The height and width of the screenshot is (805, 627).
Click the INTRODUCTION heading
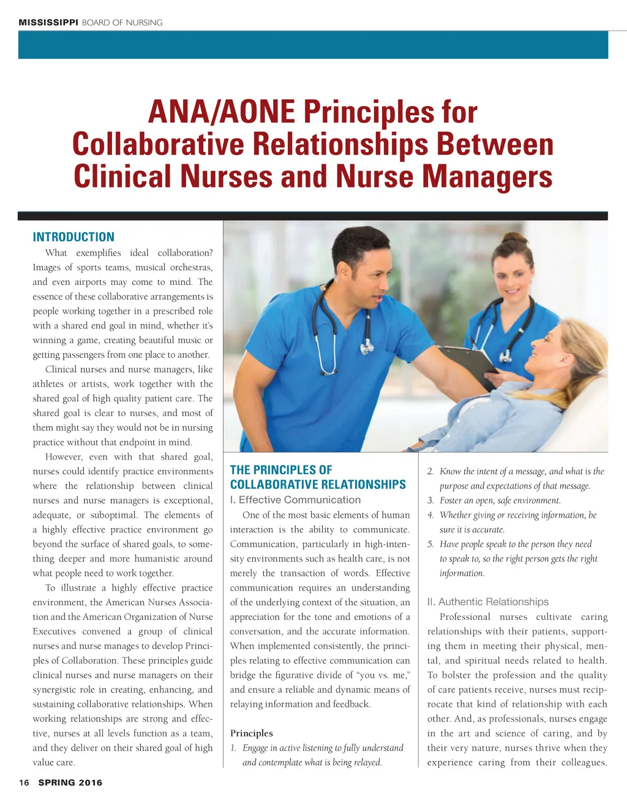click(73, 237)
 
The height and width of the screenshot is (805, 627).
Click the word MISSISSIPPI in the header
click(48, 23)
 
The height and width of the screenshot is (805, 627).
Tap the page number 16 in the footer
click(24, 782)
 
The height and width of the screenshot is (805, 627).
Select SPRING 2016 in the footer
click(70, 782)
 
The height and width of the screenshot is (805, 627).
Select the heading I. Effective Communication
click(295, 500)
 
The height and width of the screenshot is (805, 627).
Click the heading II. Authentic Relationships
click(487, 602)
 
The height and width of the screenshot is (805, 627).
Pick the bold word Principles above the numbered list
click(251, 733)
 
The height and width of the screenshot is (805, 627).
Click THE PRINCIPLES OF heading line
click(281, 470)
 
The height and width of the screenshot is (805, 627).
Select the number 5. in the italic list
click(430, 544)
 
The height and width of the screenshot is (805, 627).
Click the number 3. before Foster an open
click(430, 501)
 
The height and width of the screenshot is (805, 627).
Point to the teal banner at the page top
click(313, 45)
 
